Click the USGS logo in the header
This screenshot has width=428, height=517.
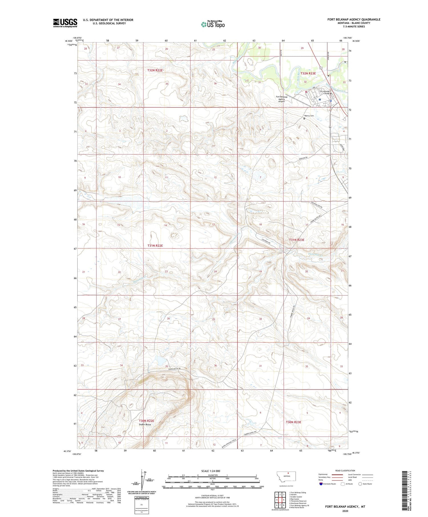65,23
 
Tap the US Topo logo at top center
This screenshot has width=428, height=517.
213,25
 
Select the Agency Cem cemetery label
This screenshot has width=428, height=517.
309,116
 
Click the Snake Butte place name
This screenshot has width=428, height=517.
145,425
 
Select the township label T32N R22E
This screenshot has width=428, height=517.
155,70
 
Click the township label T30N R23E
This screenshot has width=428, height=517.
293,422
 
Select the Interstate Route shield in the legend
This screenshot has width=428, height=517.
321,484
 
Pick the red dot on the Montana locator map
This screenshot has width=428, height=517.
288,474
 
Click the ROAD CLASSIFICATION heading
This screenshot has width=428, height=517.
345,471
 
